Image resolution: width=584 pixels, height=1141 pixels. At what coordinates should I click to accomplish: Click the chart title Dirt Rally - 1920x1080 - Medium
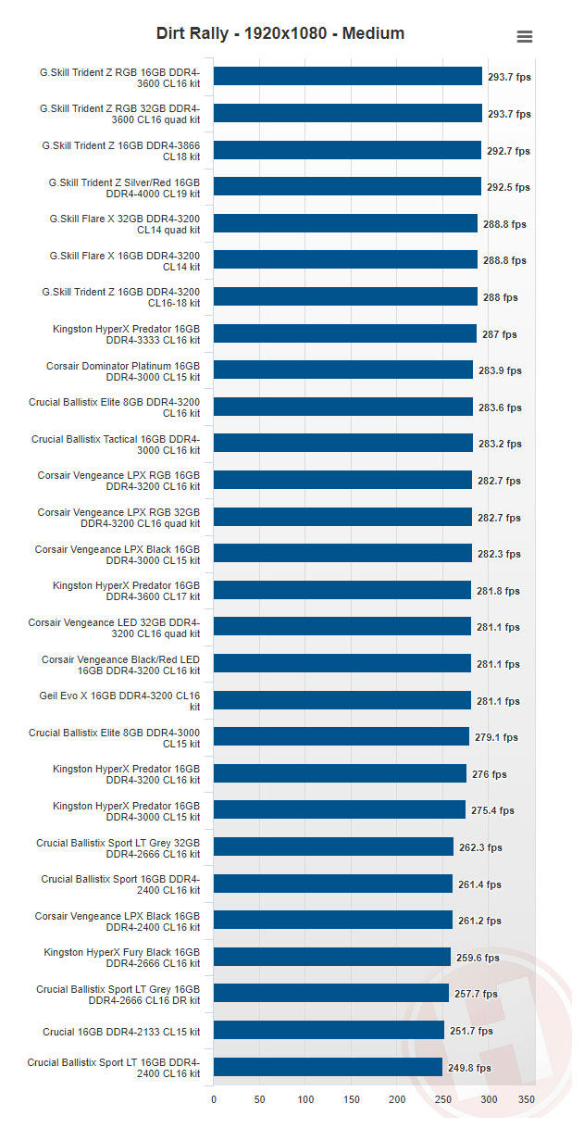pyautogui.click(x=280, y=34)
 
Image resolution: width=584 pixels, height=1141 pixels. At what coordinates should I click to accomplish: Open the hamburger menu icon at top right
pyautogui.click(x=524, y=37)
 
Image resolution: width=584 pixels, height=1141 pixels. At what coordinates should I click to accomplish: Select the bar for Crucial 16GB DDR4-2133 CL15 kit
pyautogui.click(x=329, y=1031)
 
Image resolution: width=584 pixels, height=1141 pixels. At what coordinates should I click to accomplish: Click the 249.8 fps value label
pyautogui.click(x=469, y=1068)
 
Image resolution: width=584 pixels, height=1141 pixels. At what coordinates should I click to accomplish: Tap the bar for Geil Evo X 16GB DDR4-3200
pyautogui.click(x=342, y=701)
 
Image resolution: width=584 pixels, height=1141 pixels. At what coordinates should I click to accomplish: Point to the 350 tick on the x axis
pyautogui.click(x=526, y=1099)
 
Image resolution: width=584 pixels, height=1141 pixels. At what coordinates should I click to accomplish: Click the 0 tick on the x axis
pyautogui.click(x=214, y=1099)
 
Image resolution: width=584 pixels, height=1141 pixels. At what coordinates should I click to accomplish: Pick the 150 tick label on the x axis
pyautogui.click(x=352, y=1099)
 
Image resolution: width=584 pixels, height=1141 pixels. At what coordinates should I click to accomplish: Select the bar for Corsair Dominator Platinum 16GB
pyautogui.click(x=343, y=370)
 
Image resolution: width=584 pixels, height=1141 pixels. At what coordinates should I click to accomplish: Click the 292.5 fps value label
pyautogui.click(x=508, y=187)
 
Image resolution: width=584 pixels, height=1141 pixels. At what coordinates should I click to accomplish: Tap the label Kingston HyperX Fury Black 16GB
pyautogui.click(x=121, y=958)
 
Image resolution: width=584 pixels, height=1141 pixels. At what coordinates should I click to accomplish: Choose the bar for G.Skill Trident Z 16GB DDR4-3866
pyautogui.click(x=347, y=151)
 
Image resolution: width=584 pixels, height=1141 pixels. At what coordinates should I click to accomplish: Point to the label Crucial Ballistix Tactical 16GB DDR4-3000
pyautogui.click(x=116, y=445)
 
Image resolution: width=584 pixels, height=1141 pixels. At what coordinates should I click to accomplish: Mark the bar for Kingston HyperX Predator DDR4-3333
pyautogui.click(x=344, y=334)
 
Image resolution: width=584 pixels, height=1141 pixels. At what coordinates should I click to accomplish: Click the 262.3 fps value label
pyautogui.click(x=480, y=847)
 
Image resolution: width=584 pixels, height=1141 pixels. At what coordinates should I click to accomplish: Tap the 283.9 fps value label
pyautogui.click(x=500, y=370)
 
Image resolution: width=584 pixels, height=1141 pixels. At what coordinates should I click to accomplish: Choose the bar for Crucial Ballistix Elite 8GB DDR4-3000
pyautogui.click(x=341, y=737)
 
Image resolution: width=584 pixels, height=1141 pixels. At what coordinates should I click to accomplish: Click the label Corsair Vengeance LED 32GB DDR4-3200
pyautogui.click(x=114, y=628)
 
